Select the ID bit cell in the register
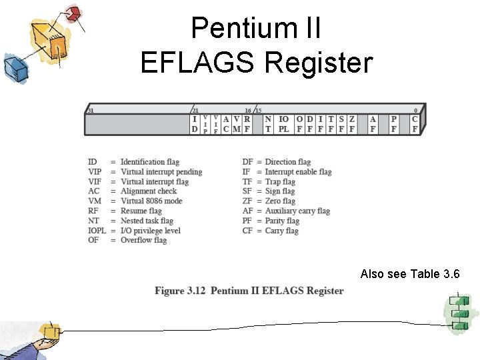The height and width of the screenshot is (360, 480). (x=195, y=124)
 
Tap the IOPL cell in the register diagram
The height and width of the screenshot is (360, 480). (x=283, y=124)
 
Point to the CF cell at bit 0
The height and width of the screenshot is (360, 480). (x=415, y=124)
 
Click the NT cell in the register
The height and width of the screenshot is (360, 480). (x=267, y=124)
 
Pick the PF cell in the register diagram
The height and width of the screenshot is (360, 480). (x=394, y=124)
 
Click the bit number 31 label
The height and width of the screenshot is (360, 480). (x=90, y=111)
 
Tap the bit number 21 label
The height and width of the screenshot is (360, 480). (x=195, y=111)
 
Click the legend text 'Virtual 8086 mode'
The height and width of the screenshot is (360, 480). (x=151, y=201)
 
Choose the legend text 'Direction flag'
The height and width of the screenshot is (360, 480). (x=287, y=162)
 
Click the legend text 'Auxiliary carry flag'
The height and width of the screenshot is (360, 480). (x=297, y=211)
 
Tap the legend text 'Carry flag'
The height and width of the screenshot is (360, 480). (x=282, y=231)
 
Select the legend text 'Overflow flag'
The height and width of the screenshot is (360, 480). (x=143, y=240)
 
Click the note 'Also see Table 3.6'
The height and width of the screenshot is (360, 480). (x=409, y=274)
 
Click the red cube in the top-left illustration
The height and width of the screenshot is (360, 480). (x=74, y=13)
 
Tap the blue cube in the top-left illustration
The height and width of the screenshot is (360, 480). (x=14, y=67)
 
